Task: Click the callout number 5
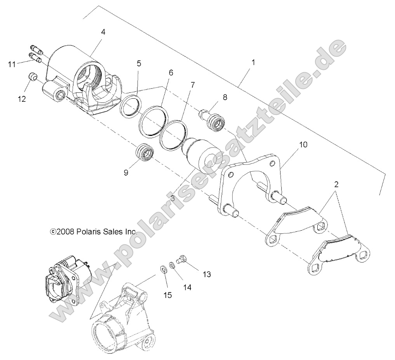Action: point(139,63)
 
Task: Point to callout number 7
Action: point(193,84)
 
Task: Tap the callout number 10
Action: point(303,144)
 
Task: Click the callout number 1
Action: point(253,62)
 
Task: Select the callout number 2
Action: point(336,184)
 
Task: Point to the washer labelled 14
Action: point(172,264)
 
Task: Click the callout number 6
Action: point(171,73)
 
